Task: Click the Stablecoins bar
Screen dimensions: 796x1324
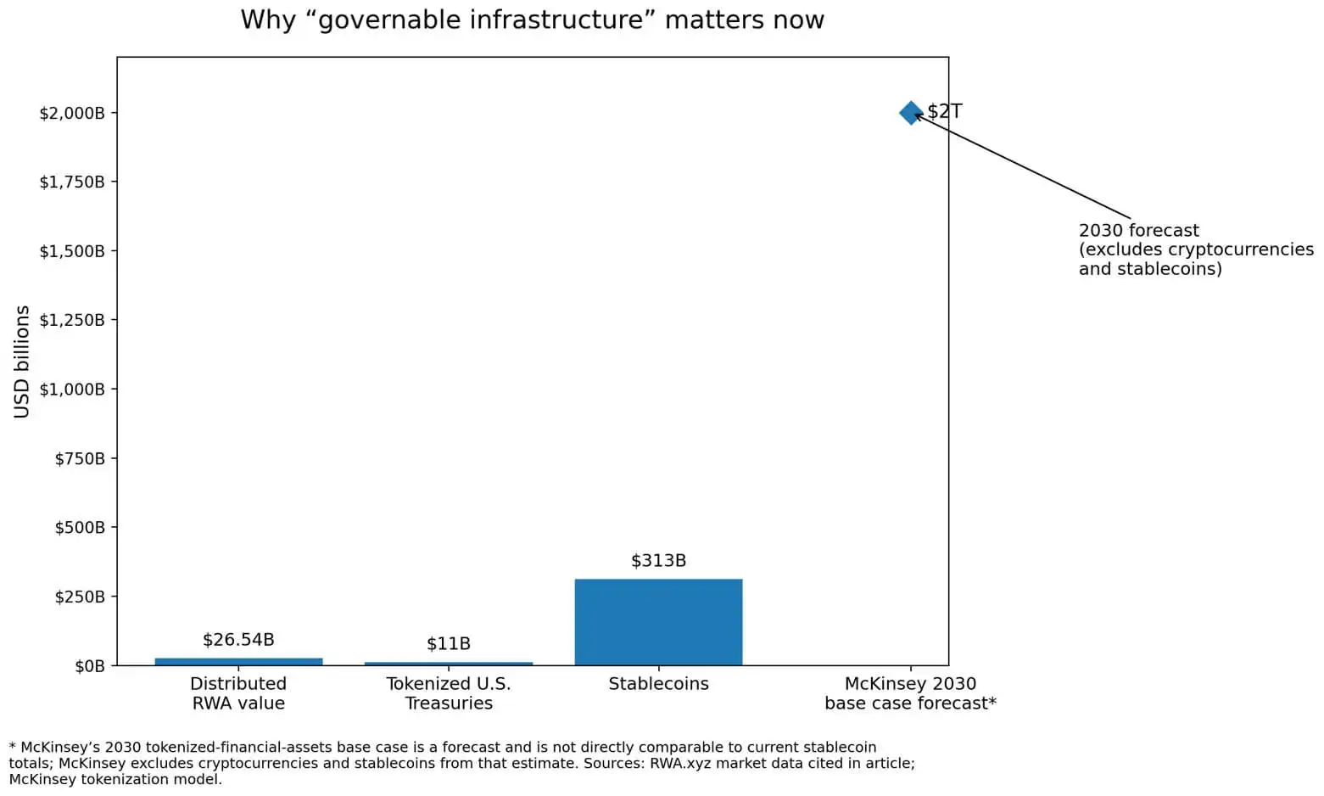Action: point(658,622)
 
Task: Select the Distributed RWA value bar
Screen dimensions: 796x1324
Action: point(238,661)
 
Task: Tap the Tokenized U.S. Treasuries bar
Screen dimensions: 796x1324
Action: point(449,664)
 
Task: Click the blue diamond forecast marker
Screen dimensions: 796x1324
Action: point(910,112)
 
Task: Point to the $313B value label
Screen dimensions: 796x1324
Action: point(658,561)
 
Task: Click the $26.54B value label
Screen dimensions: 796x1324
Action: point(238,640)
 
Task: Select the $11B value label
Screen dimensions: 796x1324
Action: point(449,644)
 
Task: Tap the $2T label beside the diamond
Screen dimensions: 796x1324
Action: point(944,111)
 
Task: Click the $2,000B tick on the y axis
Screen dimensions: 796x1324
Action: point(72,113)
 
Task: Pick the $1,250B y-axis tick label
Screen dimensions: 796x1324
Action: point(72,320)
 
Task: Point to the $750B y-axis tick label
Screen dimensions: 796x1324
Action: point(80,458)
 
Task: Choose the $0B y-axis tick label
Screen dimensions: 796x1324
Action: point(90,666)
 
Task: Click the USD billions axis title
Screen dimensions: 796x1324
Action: point(22,362)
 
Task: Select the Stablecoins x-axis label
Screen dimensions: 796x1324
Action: point(658,684)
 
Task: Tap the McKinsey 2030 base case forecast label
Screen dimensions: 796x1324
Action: point(910,693)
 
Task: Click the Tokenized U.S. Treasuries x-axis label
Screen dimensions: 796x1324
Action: point(449,693)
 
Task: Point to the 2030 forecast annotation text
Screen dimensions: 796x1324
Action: point(1195,249)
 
